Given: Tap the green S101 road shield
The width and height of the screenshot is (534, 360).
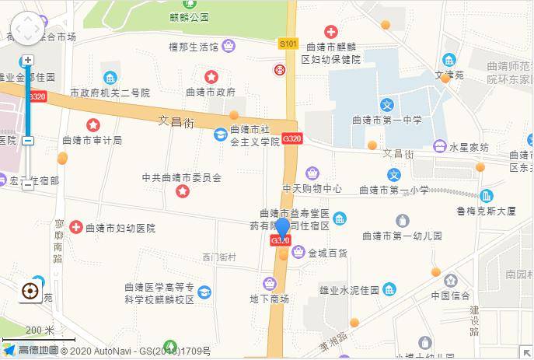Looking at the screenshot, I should pyautogui.click(x=288, y=44).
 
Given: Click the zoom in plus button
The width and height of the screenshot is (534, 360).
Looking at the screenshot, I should pyautogui.click(x=28, y=60).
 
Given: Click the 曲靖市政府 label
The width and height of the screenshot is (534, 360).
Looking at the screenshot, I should pyautogui.click(x=211, y=92).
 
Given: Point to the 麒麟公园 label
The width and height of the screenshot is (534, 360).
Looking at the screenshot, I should pyautogui.click(x=190, y=16).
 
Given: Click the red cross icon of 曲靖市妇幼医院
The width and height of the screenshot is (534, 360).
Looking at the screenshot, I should pyautogui.click(x=76, y=228).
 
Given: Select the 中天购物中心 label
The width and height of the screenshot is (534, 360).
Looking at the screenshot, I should pyautogui.click(x=312, y=188).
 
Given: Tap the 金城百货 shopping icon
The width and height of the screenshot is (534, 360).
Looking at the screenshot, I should pyautogui.click(x=298, y=252).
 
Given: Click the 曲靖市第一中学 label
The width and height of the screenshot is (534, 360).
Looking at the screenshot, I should pyautogui.click(x=386, y=121).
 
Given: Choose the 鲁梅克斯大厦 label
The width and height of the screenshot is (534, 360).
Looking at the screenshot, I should pyautogui.click(x=487, y=210).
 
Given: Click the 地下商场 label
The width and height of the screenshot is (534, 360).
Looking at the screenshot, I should pyautogui.click(x=269, y=299).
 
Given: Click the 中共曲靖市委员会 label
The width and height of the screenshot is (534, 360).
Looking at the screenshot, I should pyautogui.click(x=182, y=177).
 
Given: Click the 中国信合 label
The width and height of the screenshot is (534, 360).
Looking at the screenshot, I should pyautogui.click(x=451, y=295).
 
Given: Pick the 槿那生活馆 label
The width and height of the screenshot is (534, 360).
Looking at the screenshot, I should pyautogui.click(x=194, y=47).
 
